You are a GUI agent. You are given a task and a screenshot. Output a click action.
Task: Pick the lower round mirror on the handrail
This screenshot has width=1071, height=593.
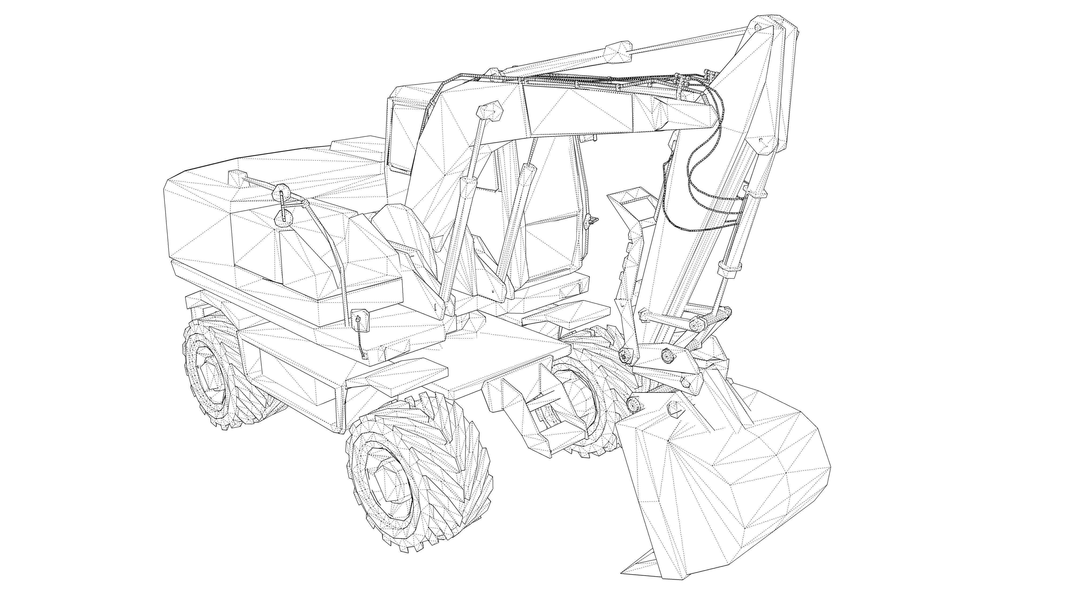pyautogui.click(x=284, y=216)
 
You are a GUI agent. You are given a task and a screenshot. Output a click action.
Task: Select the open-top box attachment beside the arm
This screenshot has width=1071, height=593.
pyautogui.click(x=632, y=204)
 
